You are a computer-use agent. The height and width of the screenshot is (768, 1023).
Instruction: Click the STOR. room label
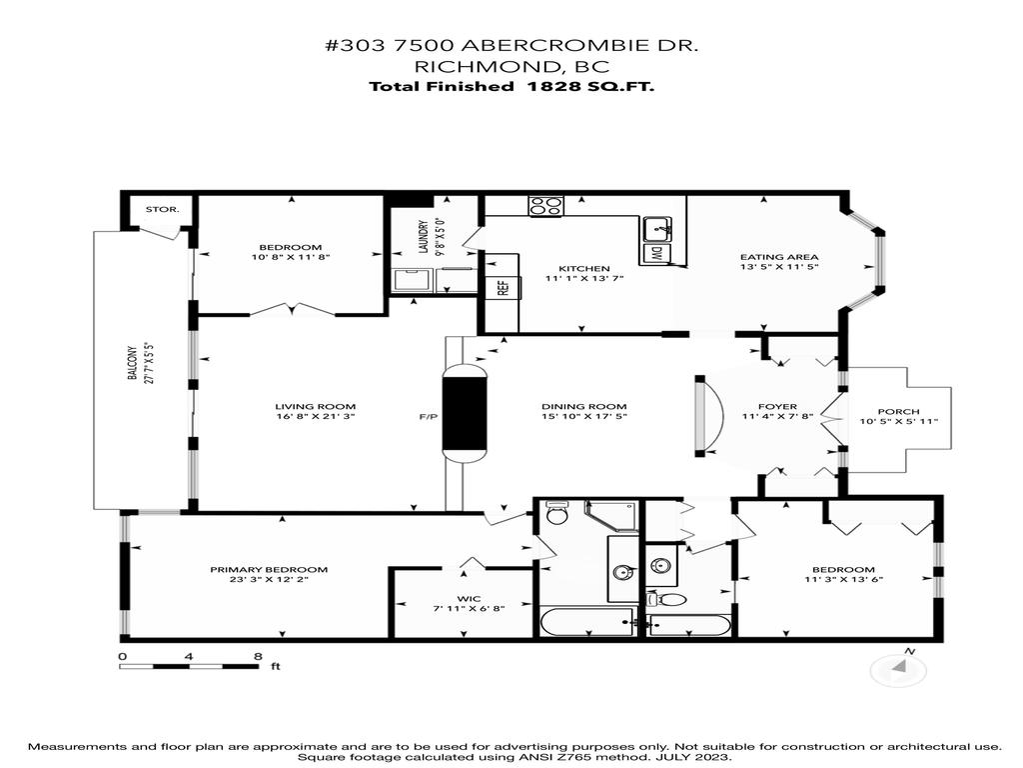click(x=162, y=210)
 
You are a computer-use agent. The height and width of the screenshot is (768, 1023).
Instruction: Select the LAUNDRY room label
click(x=423, y=236)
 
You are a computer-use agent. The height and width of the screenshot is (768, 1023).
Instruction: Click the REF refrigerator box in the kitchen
click(x=502, y=287)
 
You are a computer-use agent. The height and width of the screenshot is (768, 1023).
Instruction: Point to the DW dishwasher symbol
click(x=657, y=254)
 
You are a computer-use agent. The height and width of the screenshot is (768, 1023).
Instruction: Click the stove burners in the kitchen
click(x=545, y=207)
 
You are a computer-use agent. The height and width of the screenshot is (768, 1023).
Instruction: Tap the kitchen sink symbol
click(x=657, y=227)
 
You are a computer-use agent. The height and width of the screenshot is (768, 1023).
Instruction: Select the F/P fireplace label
click(x=429, y=417)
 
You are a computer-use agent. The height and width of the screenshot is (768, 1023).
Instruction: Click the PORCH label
click(x=897, y=411)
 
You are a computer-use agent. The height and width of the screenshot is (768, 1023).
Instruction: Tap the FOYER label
click(x=776, y=406)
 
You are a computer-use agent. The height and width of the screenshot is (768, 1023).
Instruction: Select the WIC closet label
click(x=462, y=597)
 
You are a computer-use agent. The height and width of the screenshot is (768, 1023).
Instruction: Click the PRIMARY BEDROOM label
click(x=269, y=570)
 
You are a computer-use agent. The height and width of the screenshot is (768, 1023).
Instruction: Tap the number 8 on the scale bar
click(x=258, y=657)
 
